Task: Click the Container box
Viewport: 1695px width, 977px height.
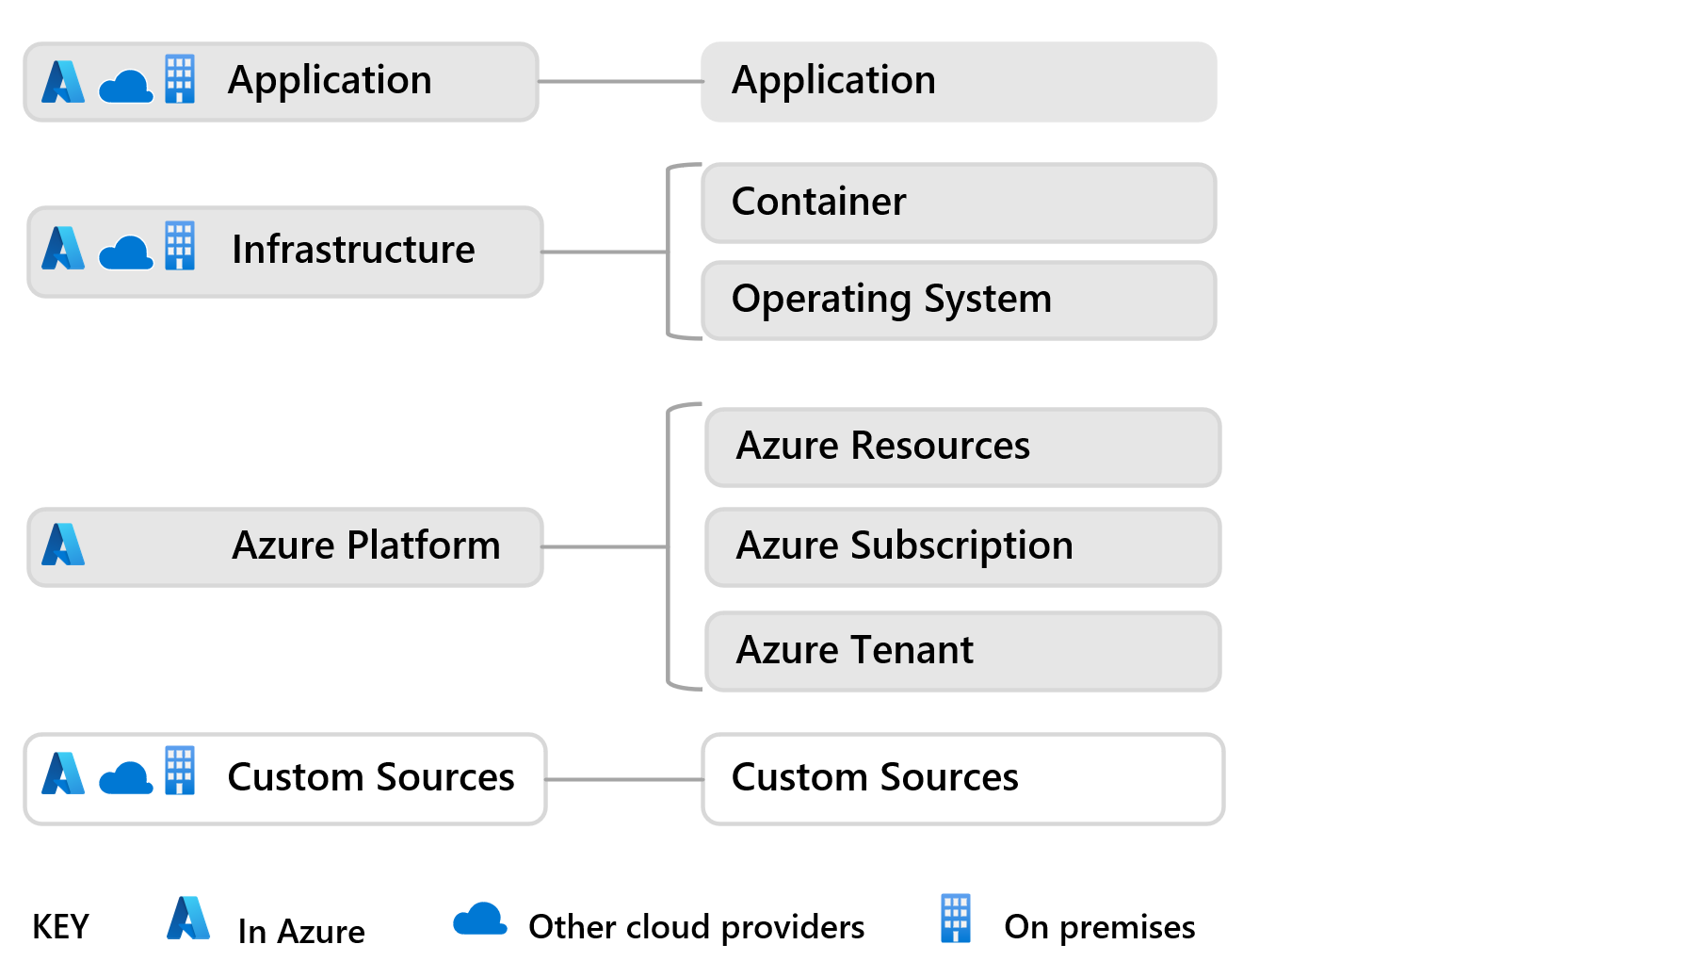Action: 959,203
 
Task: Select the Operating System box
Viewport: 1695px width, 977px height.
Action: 959,300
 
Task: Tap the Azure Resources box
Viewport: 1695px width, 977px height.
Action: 962,447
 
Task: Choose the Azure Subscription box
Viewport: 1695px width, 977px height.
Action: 962,546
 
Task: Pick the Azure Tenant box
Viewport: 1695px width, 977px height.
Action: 962,651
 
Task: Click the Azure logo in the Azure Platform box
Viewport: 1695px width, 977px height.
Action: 63,545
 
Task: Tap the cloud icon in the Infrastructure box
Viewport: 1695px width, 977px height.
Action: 126,252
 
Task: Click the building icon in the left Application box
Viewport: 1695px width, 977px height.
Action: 180,78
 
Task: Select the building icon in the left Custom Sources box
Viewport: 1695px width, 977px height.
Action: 180,771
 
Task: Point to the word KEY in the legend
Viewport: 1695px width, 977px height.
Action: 60,927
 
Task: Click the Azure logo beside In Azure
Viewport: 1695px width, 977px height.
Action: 188,918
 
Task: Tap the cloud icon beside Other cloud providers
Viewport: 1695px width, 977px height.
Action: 480,919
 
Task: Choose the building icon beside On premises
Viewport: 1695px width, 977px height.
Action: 956,919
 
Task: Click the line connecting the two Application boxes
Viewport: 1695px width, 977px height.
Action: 621,82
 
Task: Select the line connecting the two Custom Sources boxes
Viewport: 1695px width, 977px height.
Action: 624,779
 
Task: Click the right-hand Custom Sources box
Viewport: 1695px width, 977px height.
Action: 962,779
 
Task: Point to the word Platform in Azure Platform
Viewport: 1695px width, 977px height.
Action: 424,546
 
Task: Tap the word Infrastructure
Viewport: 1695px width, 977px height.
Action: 353,250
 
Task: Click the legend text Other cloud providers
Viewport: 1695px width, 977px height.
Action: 697,928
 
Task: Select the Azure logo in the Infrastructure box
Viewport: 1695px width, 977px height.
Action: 63,248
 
